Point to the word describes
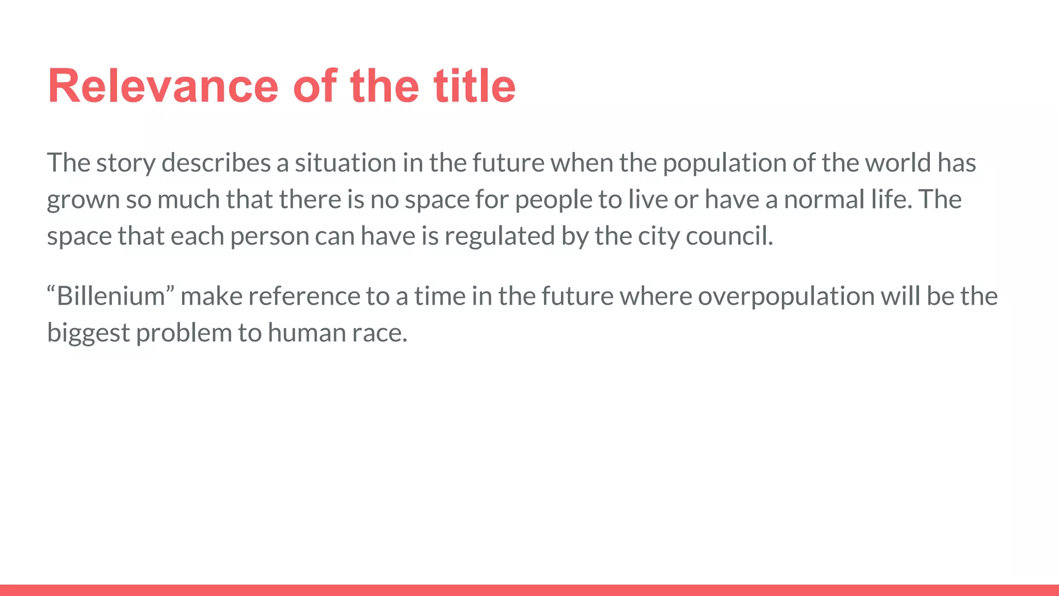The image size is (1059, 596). pos(216,163)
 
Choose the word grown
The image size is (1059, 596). pos(83,200)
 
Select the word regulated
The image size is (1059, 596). pos(500,236)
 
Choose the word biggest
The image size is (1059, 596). pos(88,333)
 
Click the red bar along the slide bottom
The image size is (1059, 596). pos(529,590)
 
